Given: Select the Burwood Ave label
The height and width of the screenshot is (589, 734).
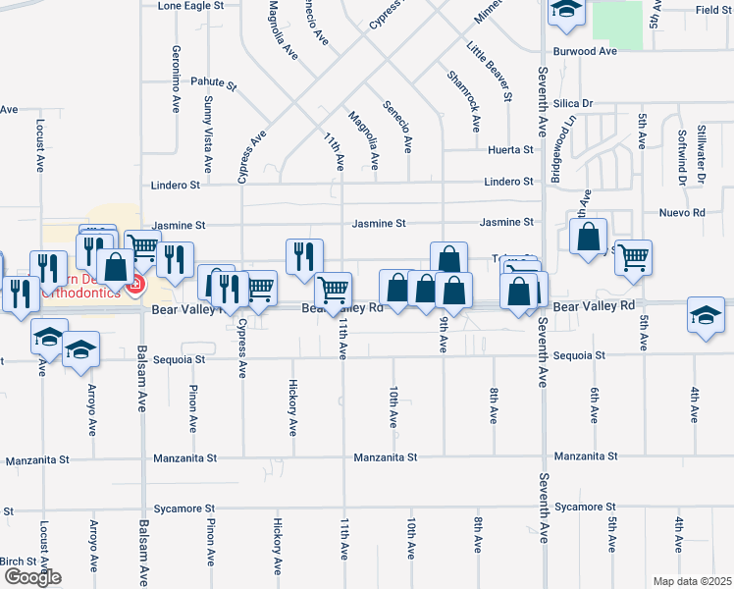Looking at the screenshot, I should click(585, 51).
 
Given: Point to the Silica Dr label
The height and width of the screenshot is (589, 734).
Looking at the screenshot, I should click(573, 103).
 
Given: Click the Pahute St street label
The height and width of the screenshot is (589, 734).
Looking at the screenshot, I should click(214, 84).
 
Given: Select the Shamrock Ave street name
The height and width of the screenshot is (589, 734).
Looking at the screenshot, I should click(462, 101).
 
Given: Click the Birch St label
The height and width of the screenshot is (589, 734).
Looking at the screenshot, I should click(18, 562).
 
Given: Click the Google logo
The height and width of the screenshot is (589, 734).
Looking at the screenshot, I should click(31, 577).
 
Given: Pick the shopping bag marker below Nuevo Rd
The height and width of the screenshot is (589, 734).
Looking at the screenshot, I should click(588, 237).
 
